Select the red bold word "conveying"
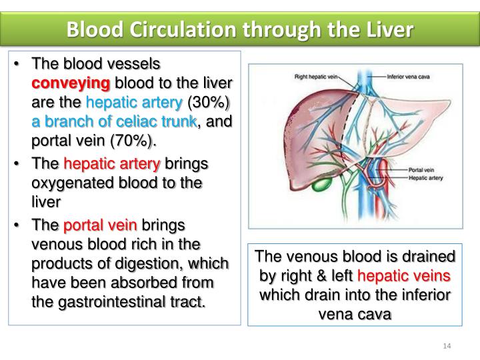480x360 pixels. [x=72, y=84]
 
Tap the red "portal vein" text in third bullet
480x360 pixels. [x=100, y=225]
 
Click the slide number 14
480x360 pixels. [x=447, y=345]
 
